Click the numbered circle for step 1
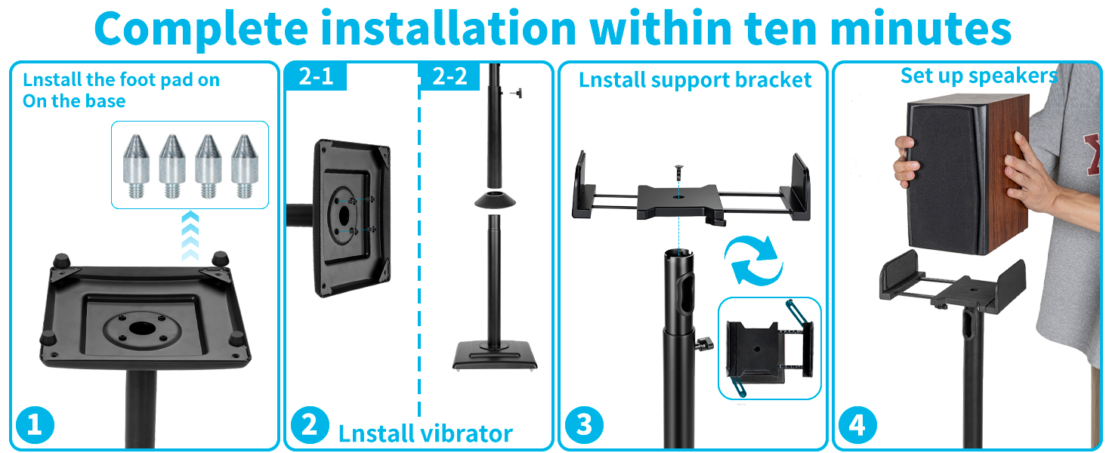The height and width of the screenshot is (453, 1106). click(35, 425)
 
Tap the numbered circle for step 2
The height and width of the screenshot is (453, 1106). click(310, 425)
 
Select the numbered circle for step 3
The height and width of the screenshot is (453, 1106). click(584, 425)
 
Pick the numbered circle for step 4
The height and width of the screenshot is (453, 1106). click(857, 425)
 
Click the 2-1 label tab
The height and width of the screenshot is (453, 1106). click(316, 76)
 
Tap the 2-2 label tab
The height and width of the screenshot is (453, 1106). click(450, 76)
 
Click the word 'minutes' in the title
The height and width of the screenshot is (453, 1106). click(922, 29)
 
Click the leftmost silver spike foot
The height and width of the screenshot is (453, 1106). click(136, 166)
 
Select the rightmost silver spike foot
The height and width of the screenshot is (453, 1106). click(245, 166)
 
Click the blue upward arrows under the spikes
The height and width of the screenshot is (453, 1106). click(190, 236)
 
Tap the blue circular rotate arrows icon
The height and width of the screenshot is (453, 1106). click(753, 260)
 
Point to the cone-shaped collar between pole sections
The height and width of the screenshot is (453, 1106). click(495, 200)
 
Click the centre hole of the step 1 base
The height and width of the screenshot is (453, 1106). click(142, 327)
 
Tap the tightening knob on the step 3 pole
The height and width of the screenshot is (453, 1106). click(705, 344)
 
